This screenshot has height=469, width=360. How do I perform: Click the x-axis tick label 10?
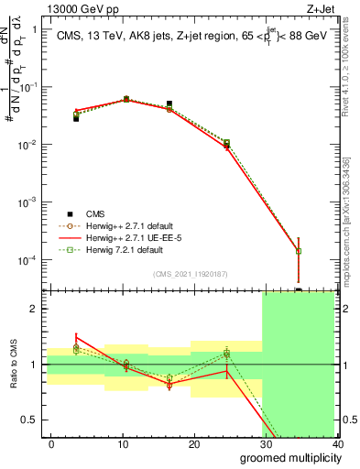[123, 443]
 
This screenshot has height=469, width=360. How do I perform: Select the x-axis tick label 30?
[266, 443]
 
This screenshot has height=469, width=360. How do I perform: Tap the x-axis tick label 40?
[336, 443]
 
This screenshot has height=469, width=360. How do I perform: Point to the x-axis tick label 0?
[52, 443]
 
